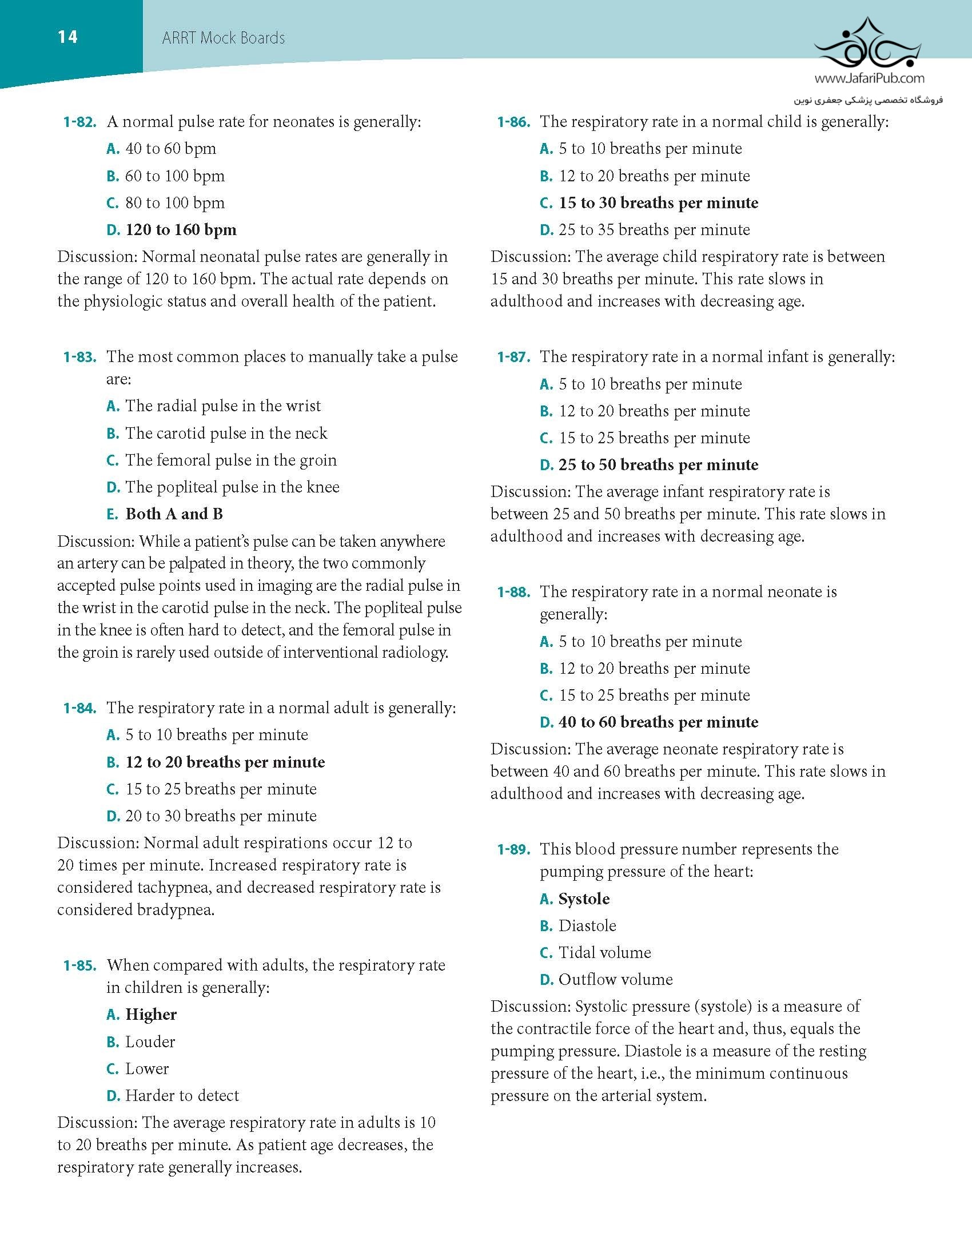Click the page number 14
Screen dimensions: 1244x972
tap(67, 37)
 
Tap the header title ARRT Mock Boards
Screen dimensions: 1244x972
tap(223, 38)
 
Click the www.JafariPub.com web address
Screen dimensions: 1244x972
tap(869, 78)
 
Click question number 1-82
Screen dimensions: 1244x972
tap(79, 122)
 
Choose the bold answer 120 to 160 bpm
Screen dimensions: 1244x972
tap(181, 230)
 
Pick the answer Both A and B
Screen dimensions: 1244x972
tap(174, 514)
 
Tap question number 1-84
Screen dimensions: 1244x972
tap(79, 708)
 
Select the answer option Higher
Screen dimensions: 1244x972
tap(151, 1015)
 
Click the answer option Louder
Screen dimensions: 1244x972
tap(150, 1042)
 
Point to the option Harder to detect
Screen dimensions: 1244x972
tap(182, 1095)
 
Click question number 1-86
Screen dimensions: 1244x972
tap(513, 122)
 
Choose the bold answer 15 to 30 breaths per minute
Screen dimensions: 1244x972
tap(658, 203)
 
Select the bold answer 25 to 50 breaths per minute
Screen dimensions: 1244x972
tap(658, 465)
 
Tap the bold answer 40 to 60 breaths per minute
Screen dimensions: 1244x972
tap(658, 722)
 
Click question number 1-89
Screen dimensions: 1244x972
tap(513, 849)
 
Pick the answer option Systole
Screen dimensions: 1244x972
tap(584, 899)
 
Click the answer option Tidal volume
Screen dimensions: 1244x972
tap(604, 953)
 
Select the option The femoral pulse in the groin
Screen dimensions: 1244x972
tap(230, 460)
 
